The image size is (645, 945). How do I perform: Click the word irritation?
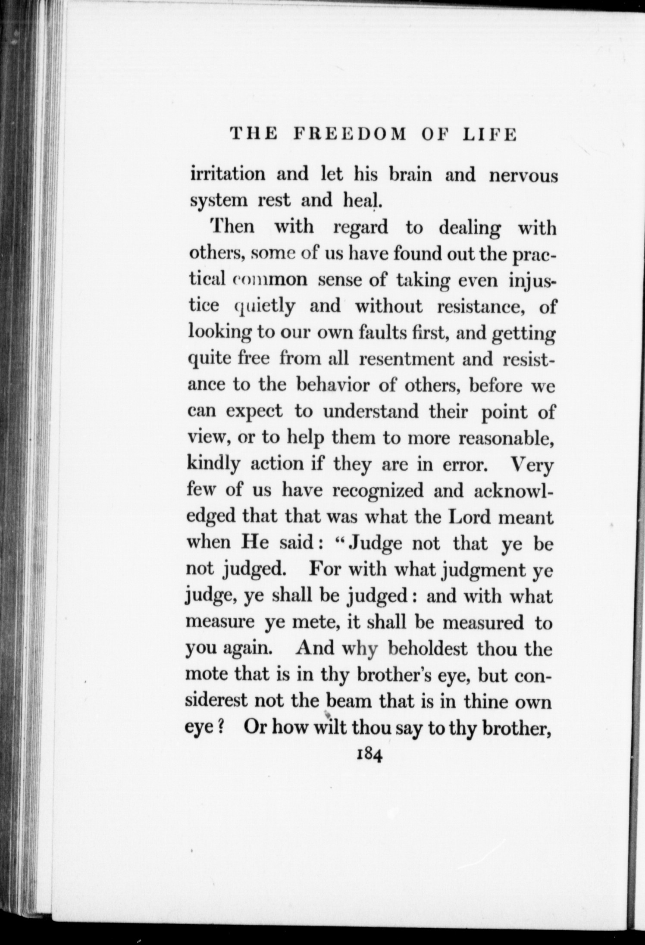coord(228,174)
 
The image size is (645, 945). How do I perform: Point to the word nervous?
coord(523,175)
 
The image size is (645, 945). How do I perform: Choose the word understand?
coord(371,412)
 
